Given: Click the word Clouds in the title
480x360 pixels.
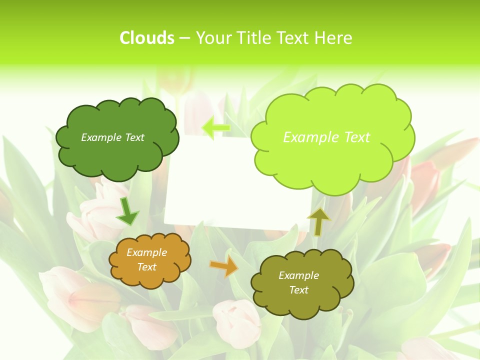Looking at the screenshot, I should click(147, 38).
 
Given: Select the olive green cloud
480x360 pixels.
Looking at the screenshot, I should click(270, 300).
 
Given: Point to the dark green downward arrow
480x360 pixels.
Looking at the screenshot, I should click(127, 212).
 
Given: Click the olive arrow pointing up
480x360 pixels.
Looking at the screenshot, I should click(318, 221).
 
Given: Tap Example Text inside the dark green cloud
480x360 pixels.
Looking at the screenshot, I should click(112, 137).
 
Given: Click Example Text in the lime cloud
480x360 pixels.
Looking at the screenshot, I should click(326, 137).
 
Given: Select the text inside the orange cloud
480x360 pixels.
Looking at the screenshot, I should click(147, 260).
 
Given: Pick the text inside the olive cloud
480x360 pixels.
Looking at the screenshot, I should click(298, 282).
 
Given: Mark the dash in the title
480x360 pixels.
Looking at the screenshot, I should click(184, 38).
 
